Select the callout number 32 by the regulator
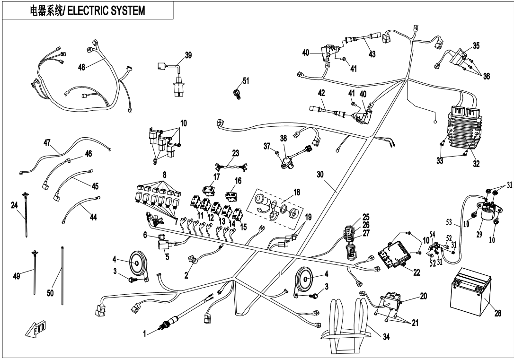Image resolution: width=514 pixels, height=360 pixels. pos(476,164)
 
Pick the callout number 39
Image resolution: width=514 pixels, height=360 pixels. pos(188,55)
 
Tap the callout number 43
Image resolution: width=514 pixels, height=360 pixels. pos(372,54)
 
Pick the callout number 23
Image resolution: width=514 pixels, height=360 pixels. pos(236,153)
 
